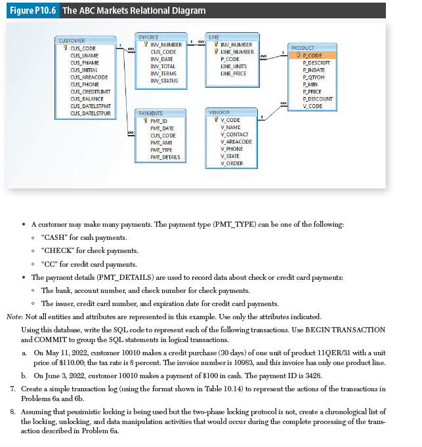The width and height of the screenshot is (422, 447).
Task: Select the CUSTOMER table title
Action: click(72, 41)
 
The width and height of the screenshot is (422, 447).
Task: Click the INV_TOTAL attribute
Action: click(162, 66)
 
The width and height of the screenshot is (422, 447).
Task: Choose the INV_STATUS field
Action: click(163, 81)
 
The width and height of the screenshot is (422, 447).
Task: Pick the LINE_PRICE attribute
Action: click(234, 73)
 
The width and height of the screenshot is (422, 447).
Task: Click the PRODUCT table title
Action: click(303, 48)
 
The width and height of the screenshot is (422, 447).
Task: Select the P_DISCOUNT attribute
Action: click(317, 99)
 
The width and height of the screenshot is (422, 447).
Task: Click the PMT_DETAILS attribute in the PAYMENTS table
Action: click(165, 157)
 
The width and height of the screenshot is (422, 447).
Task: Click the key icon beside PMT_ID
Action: click(145, 121)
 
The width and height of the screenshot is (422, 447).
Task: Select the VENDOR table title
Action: click(219, 113)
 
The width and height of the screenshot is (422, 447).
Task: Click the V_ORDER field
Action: click(232, 163)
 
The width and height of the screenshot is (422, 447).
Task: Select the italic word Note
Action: click(13, 317)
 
